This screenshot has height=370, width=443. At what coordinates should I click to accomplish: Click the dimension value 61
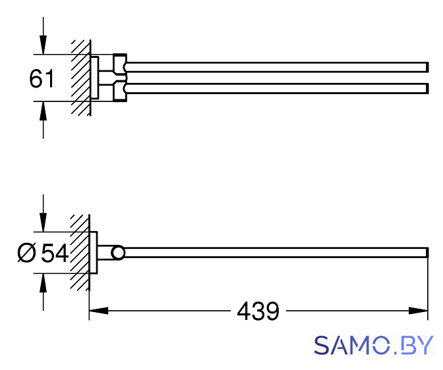coord(42,79)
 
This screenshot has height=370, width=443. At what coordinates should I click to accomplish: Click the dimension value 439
coord(258,311)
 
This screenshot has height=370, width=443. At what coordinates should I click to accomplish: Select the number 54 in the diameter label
coord(55,253)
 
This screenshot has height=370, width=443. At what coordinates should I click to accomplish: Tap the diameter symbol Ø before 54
coord(27,253)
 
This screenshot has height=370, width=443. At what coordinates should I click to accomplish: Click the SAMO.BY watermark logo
coord(374,346)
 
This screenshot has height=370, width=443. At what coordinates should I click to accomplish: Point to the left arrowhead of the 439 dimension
coord(99,311)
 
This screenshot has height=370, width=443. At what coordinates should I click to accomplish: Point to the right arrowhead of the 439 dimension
coord(419,311)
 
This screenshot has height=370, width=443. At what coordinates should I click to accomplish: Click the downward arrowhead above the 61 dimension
coord(44,45)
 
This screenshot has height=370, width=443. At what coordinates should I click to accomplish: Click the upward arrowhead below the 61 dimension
coord(44,111)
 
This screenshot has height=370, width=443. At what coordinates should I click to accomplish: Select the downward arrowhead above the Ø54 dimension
coord(44,223)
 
